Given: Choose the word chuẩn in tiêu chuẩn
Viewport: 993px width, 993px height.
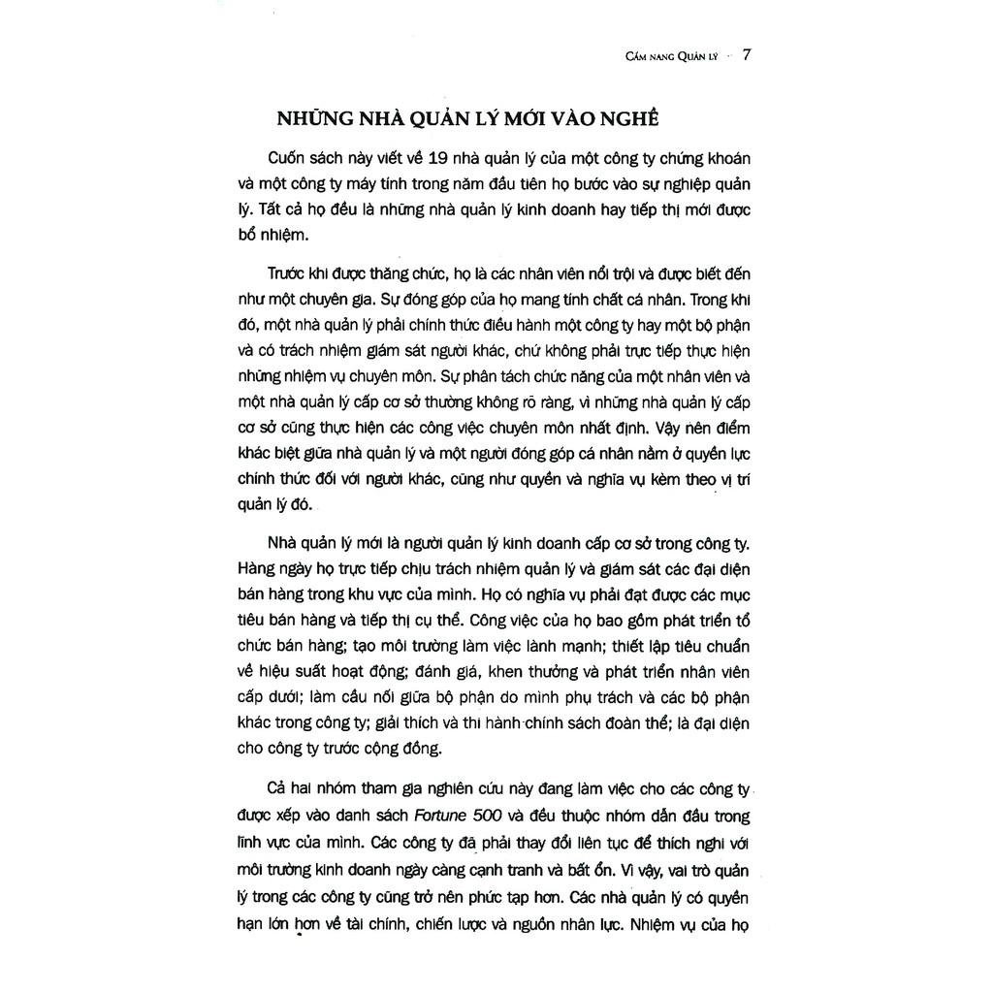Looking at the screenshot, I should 727,646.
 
